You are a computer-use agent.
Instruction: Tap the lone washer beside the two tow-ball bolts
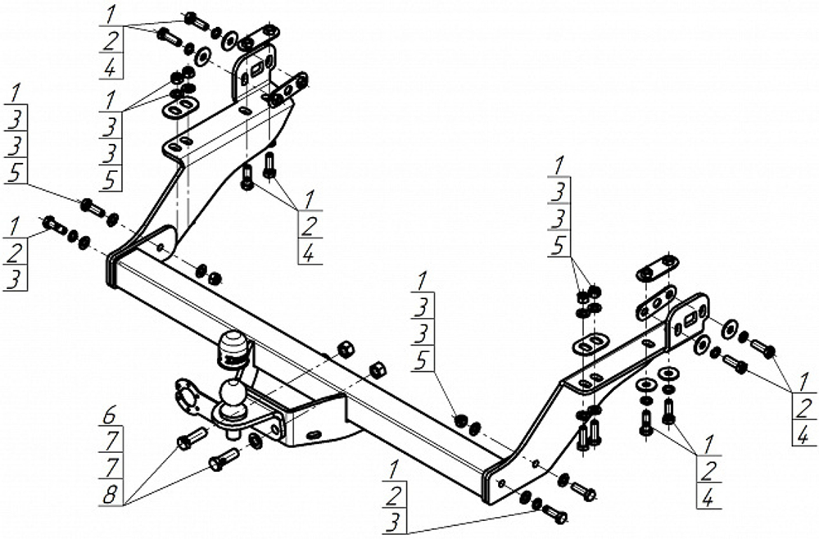[x=256, y=440]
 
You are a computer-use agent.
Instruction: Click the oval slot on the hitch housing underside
[x=314, y=434]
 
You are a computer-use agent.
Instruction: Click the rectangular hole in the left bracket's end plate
[x=257, y=70]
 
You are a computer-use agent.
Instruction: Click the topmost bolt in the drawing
[x=196, y=21]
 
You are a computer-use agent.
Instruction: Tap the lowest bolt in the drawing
[x=554, y=514]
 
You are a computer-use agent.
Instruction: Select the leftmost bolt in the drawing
[x=54, y=225]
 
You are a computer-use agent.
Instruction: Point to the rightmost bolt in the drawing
[x=762, y=348]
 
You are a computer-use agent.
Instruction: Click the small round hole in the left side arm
[x=161, y=247]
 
